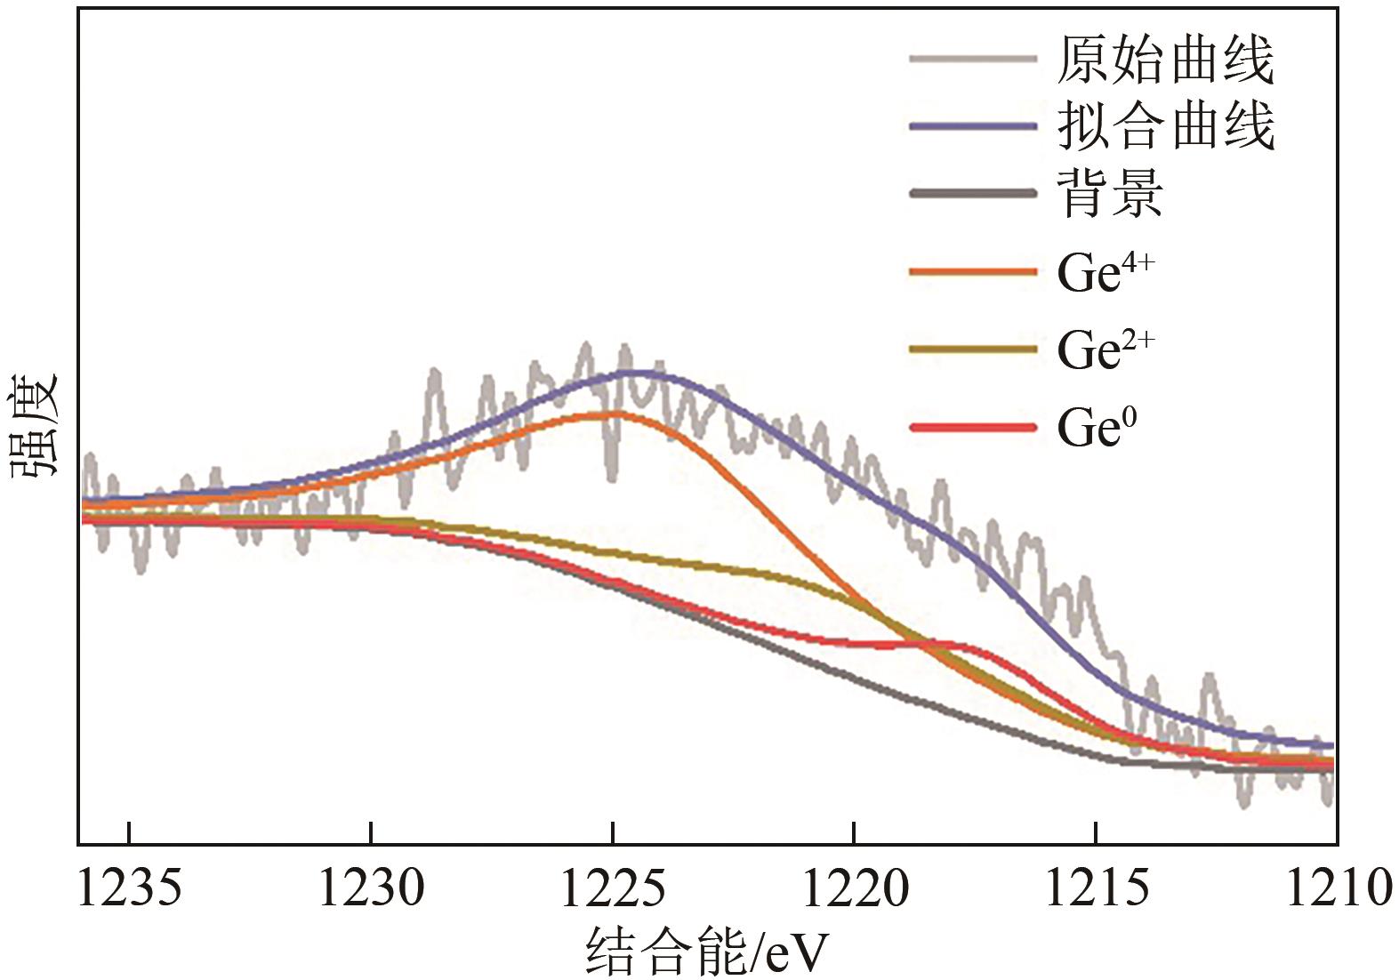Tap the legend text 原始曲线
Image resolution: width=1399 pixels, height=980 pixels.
[1165, 60]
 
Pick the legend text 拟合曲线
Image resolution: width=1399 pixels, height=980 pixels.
[1165, 126]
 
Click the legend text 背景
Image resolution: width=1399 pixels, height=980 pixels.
[1110, 193]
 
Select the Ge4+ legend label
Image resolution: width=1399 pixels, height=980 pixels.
[1105, 272]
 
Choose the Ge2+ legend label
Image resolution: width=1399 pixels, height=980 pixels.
[1105, 349]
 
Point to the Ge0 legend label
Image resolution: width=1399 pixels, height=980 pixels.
[1097, 428]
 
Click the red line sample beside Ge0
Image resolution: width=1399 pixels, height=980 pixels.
[973, 428]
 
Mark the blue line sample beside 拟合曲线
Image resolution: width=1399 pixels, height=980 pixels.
[973, 126]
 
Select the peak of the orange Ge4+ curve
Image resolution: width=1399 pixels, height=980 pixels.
[613, 414]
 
